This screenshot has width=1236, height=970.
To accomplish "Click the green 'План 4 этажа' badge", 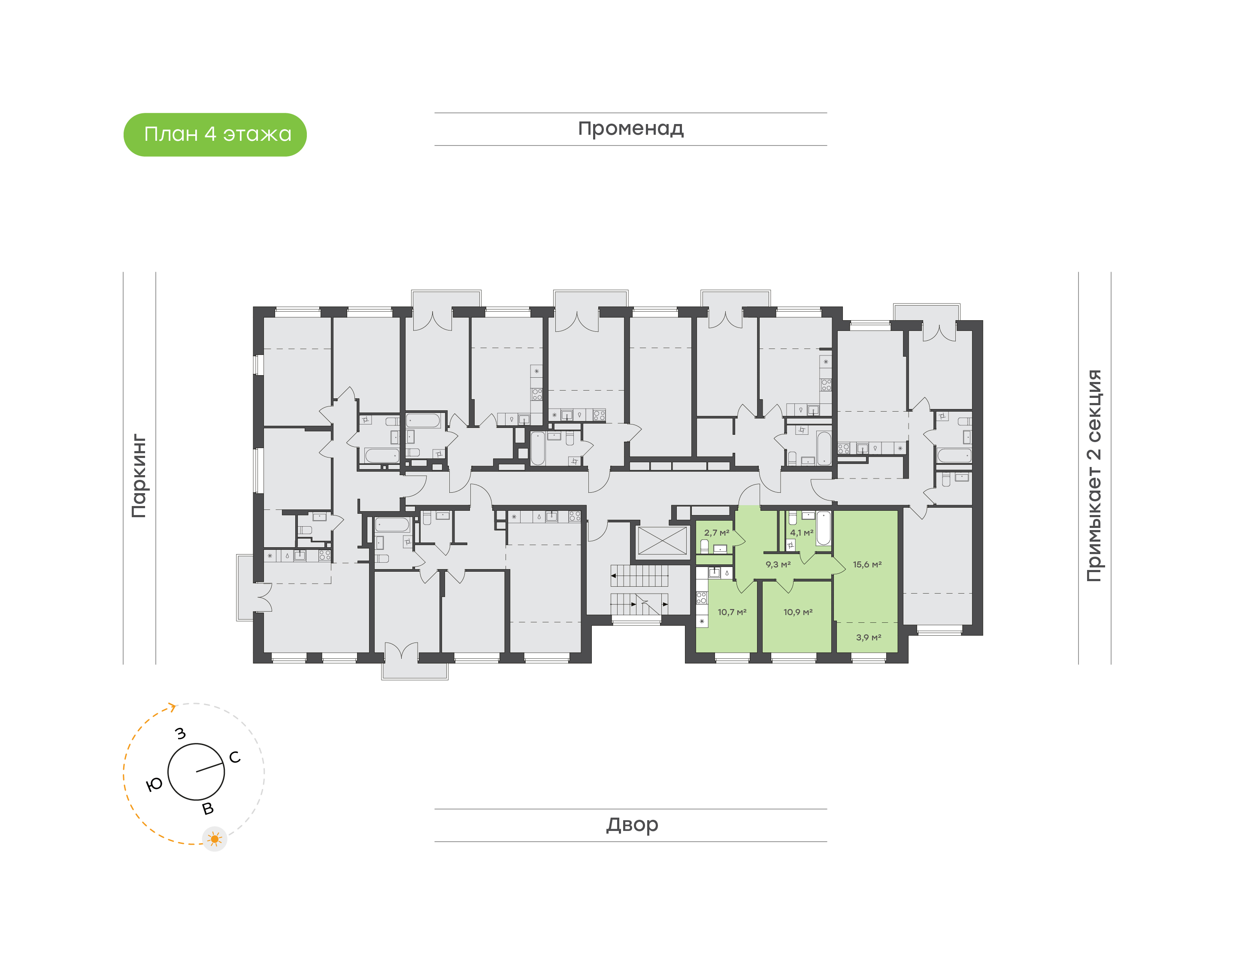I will pos(215,135).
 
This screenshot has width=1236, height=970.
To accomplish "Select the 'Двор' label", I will pos(631,824).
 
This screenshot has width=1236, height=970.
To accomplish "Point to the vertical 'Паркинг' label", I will pos(139,476).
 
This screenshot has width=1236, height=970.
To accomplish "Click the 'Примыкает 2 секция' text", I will pos(1094,476).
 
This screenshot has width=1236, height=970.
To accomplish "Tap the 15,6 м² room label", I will pos(866,564).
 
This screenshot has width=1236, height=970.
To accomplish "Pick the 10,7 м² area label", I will pos(731,612).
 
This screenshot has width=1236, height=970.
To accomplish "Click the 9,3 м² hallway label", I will pos(777,564).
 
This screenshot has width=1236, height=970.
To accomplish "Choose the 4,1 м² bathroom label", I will pos(801,533).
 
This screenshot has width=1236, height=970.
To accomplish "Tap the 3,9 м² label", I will pos(868,637).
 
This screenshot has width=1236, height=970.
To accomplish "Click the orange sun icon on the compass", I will pos(214,839).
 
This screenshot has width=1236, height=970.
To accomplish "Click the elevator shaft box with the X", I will pos(662,541).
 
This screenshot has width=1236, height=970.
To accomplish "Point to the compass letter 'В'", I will pos(208,809).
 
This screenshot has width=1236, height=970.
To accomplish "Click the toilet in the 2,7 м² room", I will pos(704,546).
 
